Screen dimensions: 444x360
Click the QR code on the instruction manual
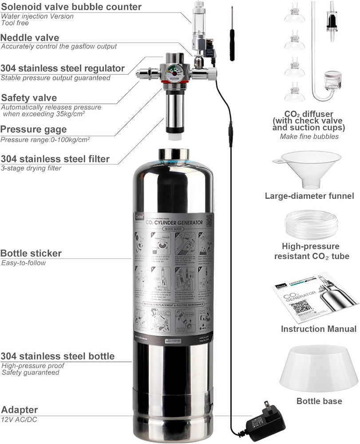(x=300, y=307)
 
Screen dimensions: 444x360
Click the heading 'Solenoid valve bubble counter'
(x=71, y=7)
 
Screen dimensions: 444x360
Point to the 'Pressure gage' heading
(x=34, y=129)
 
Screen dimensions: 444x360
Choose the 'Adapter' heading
(x=20, y=410)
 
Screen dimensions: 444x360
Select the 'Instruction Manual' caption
(x=318, y=329)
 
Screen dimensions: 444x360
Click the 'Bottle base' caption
(x=319, y=401)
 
